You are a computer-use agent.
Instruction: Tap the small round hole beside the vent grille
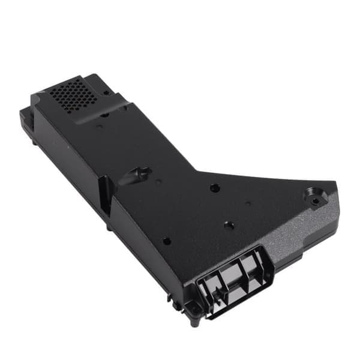coord(106,93)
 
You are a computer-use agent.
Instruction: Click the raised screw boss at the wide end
coord(312,194)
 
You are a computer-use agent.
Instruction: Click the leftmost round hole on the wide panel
coord(166,241)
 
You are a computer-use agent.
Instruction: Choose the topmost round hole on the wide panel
coord(215,188)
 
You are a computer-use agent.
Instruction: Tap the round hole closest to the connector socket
coord(228,226)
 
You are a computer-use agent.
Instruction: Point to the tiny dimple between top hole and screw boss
coord(248,204)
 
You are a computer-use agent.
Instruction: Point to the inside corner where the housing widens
coord(198,171)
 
